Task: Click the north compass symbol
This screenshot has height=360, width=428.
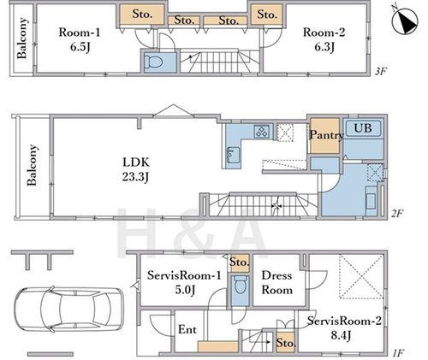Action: [x=405, y=20]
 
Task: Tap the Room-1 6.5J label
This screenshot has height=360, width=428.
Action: [x=80, y=39]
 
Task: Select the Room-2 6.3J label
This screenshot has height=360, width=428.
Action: [x=324, y=39]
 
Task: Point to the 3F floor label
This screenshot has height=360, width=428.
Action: [x=380, y=71]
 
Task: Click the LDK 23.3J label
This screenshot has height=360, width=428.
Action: [x=136, y=169]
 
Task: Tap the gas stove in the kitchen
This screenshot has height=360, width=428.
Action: [x=262, y=131]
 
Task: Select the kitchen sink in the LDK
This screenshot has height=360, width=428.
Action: [x=233, y=155]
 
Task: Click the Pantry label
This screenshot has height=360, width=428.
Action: [x=326, y=135]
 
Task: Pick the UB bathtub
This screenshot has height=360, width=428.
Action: [x=363, y=128]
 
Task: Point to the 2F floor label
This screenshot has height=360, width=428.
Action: [x=396, y=213]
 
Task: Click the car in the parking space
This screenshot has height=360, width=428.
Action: [x=68, y=310]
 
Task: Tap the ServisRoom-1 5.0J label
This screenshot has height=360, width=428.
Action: [x=184, y=283]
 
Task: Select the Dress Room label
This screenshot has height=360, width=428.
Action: [x=276, y=283]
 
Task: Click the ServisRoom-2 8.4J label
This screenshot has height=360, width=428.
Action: [x=344, y=328]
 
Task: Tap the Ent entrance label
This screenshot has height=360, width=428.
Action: [x=187, y=329]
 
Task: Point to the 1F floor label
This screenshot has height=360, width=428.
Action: [x=398, y=354]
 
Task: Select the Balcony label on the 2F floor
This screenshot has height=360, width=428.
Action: [x=32, y=165]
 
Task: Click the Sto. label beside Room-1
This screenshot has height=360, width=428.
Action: [x=142, y=14]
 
